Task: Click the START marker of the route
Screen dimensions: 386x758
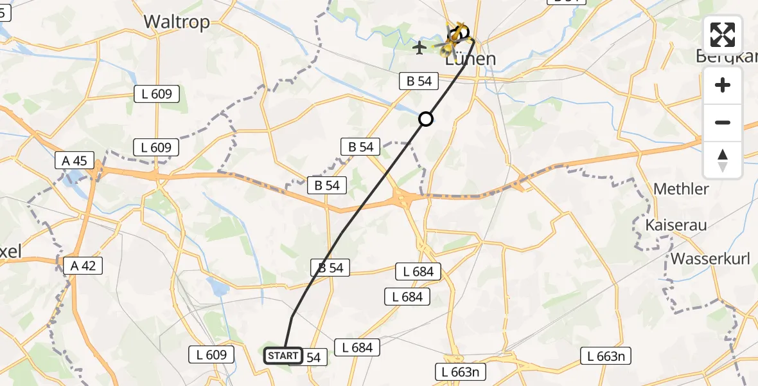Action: pos(283,355)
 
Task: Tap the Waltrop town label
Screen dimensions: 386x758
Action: pos(177,22)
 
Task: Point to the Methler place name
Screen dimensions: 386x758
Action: pos(681,189)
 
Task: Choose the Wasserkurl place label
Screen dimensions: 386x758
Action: pos(712,259)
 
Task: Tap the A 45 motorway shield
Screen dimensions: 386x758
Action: pos(75,160)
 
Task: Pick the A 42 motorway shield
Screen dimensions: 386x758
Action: pos(84,265)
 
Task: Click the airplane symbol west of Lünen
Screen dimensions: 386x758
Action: pos(420,47)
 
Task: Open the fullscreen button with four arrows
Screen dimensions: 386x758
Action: pos(723,35)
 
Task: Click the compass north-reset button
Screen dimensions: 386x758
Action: pos(723,160)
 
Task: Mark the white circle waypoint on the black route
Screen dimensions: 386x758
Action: pos(426,118)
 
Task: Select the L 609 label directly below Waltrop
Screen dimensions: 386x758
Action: pos(157,94)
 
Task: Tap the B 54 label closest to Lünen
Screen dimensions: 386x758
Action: pos(419,81)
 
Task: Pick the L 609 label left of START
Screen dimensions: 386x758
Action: pos(212,354)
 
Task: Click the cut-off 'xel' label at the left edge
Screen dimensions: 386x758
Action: pos(11,252)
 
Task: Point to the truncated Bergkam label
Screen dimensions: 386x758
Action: pos(727,57)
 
